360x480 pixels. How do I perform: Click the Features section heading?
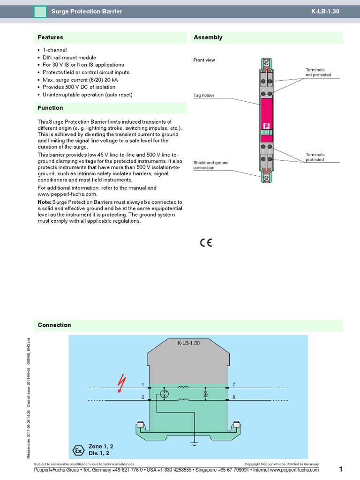pos(50,37)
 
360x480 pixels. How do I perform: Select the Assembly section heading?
pos(208,37)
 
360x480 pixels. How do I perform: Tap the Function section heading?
pos(50,108)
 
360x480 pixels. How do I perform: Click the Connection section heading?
pos(54,325)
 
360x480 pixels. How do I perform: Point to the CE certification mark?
pos(206,242)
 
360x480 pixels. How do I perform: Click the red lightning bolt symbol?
pos(122,383)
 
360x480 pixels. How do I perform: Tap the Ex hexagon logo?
pos(78,450)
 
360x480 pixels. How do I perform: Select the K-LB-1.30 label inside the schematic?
pos(188,343)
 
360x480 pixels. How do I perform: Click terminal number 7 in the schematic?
pos(233,384)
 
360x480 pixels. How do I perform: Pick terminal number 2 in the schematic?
pos(143,397)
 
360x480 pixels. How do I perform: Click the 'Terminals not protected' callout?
pos(318,72)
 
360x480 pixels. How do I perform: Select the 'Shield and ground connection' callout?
pos(211,165)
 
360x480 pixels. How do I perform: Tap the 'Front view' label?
pos(204,60)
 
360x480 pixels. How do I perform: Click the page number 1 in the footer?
pos(341,469)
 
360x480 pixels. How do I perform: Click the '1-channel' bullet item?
pos(55,50)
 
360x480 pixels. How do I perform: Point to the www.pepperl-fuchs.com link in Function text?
pos(67,194)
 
